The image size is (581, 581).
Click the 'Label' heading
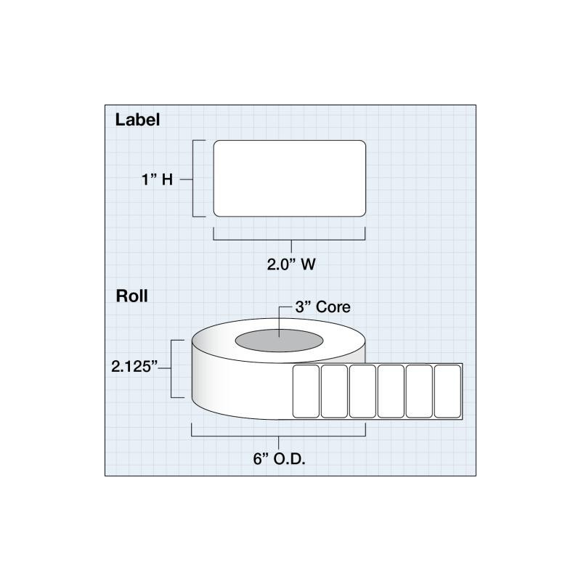coord(137,120)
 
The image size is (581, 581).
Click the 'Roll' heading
coord(131,296)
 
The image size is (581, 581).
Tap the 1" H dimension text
coord(157,179)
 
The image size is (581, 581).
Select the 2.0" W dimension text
coord(291,264)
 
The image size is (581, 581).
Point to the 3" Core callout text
coord(322,306)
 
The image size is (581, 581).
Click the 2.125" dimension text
coord(134,367)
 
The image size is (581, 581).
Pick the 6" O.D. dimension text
coord(279,459)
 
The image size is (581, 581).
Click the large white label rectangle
coord(289,178)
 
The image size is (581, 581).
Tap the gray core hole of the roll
coord(279,341)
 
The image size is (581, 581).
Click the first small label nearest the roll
coord(306,391)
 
